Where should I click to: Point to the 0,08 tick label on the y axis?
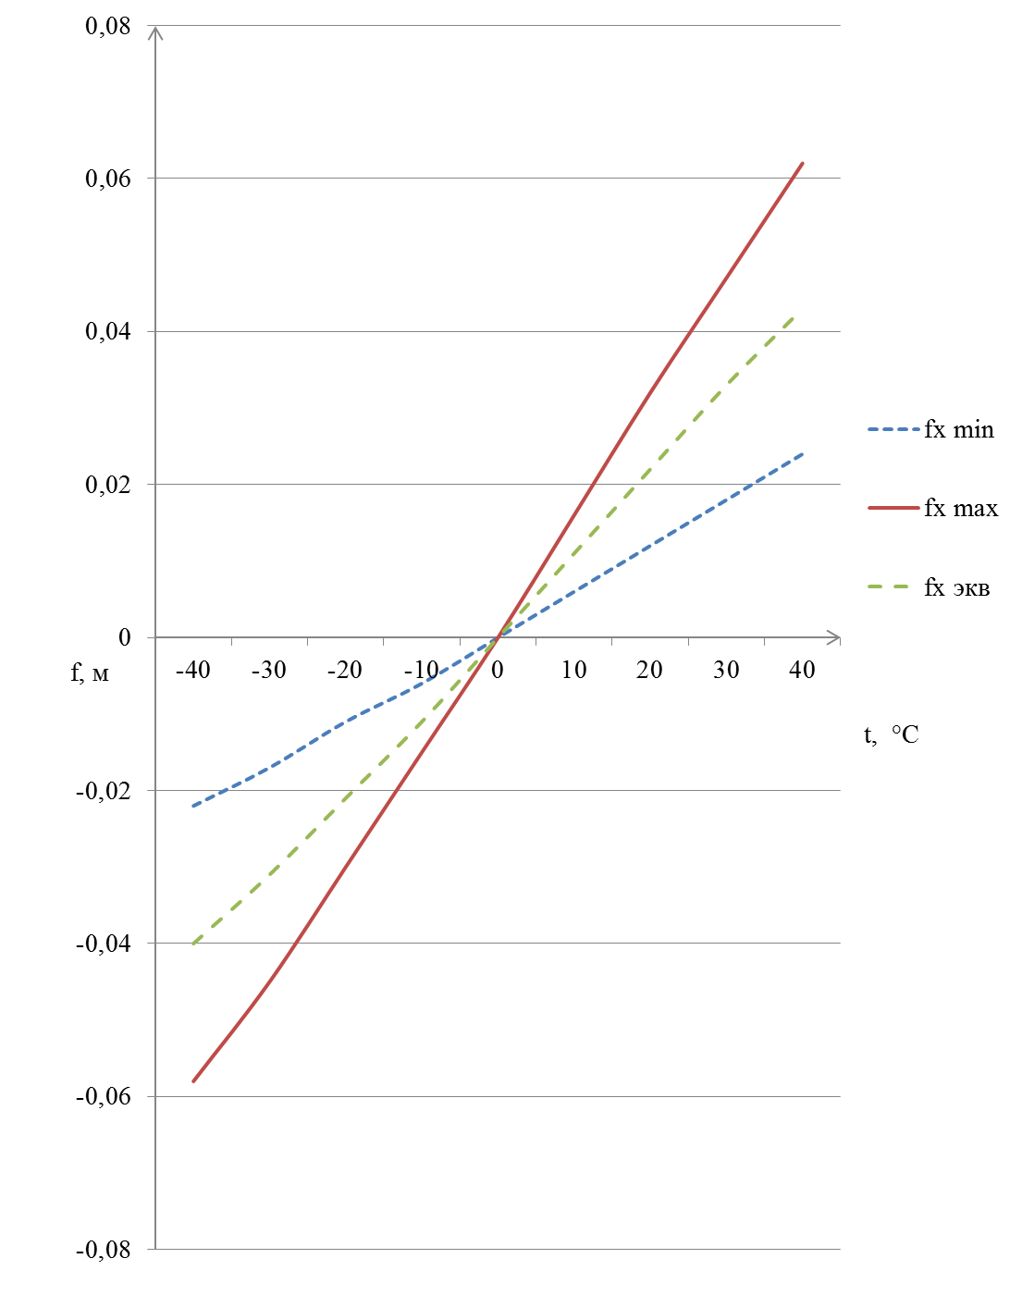[x=108, y=26]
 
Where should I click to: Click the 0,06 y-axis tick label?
[x=108, y=179]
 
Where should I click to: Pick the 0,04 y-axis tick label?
[x=108, y=331]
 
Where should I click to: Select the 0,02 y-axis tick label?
[x=108, y=485]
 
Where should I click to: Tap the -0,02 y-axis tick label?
[x=104, y=791]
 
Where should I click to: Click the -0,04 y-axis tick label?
[x=104, y=944]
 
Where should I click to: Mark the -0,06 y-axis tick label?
[x=104, y=1096]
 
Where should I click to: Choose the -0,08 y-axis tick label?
[x=104, y=1250]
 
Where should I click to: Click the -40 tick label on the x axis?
[x=192, y=670]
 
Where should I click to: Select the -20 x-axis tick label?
[x=344, y=670]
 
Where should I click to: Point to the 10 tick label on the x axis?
[x=573, y=670]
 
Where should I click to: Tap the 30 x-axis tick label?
[x=726, y=670]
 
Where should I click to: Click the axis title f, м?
[x=90, y=673]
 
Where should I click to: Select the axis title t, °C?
[x=892, y=735]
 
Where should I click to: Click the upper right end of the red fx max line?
[x=802, y=163]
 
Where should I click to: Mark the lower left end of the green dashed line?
[x=193, y=944]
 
